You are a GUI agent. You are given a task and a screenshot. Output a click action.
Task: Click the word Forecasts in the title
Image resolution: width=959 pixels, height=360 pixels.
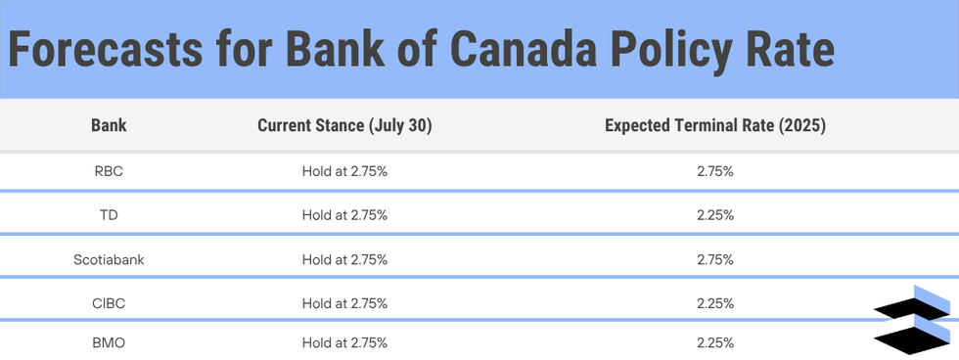coord(105,50)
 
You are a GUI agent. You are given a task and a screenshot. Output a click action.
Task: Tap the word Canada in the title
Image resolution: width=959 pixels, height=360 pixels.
coord(523,50)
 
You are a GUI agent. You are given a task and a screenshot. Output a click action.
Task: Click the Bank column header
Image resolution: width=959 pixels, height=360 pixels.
coord(109,126)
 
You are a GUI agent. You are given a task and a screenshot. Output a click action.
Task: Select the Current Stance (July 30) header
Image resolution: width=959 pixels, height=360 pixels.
coord(344,126)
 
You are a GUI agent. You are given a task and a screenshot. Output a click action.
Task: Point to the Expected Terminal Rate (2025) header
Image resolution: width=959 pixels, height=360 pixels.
coord(715,126)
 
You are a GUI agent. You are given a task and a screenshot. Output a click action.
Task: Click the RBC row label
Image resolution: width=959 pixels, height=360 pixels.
coord(109,172)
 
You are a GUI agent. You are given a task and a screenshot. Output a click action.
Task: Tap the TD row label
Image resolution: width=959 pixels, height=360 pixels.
coord(109,216)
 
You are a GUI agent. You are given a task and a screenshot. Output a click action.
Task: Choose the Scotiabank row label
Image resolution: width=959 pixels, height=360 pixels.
coord(109,260)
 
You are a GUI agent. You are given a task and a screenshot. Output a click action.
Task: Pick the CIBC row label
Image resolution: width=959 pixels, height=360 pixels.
coord(109,304)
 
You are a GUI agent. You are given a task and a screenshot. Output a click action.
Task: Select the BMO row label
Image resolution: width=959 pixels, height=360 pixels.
coord(109,343)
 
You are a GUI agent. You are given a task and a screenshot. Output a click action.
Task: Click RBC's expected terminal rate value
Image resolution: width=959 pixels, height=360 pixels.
coord(715,172)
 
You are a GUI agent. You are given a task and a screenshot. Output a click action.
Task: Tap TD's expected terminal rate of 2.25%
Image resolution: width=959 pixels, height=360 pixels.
coord(715,216)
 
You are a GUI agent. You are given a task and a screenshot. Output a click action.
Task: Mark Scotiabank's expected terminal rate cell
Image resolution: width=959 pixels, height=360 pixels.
coord(715,260)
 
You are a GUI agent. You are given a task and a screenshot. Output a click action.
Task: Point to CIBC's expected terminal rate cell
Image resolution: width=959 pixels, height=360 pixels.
coord(715,304)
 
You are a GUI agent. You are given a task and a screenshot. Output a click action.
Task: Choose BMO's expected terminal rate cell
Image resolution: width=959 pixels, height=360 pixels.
coord(715,343)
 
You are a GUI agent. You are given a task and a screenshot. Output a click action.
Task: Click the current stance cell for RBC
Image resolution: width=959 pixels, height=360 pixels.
coord(344,172)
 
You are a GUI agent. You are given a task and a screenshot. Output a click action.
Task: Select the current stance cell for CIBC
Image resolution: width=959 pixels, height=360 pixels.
coord(344,304)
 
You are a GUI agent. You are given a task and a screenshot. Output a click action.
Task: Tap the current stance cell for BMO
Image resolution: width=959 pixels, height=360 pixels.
coord(344,343)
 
